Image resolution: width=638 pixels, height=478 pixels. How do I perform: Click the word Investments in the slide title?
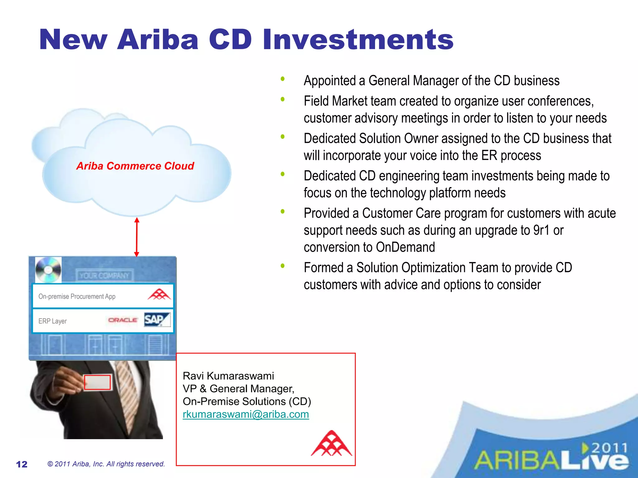coord(358,40)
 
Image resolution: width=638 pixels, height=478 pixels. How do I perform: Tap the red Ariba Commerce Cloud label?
coord(135,166)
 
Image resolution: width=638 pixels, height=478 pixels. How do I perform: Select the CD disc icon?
coord(48,270)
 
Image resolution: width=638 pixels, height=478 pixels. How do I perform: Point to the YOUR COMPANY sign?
coord(104,275)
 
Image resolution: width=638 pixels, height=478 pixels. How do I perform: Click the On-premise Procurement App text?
coord(77,296)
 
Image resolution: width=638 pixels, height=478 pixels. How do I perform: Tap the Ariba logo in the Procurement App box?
coord(159,294)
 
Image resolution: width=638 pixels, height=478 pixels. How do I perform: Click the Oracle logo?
coord(123,320)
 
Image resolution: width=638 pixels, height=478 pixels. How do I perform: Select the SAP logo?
coord(157,320)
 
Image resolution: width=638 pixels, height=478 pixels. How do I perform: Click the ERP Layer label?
coord(52,321)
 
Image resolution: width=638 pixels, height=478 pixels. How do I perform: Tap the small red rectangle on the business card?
coord(97,382)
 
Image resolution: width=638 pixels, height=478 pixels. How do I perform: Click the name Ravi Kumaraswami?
coord(228,376)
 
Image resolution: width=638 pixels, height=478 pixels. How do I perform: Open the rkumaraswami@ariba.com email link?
coord(246,414)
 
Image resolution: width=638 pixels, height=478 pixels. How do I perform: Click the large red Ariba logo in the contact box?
coord(331,443)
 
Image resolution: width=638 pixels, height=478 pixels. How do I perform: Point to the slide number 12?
coord(22,464)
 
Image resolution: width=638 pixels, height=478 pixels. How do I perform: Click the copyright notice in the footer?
coord(106,464)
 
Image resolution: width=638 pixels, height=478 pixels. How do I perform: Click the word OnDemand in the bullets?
coord(405,247)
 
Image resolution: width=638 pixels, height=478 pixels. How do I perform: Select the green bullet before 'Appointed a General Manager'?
coord(283,79)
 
